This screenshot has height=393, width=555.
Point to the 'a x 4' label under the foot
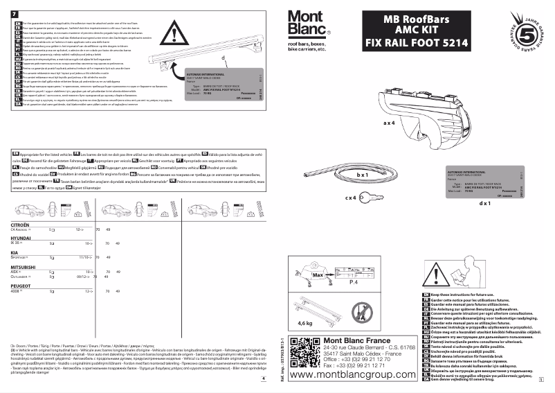tap(389, 122)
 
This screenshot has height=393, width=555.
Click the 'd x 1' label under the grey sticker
tap(484, 204)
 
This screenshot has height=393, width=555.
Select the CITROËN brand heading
tap(20, 226)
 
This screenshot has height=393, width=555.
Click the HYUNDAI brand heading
tap(21, 238)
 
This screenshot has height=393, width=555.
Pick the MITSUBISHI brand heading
tap(22, 266)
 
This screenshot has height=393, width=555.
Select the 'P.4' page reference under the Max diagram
tap(352, 283)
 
